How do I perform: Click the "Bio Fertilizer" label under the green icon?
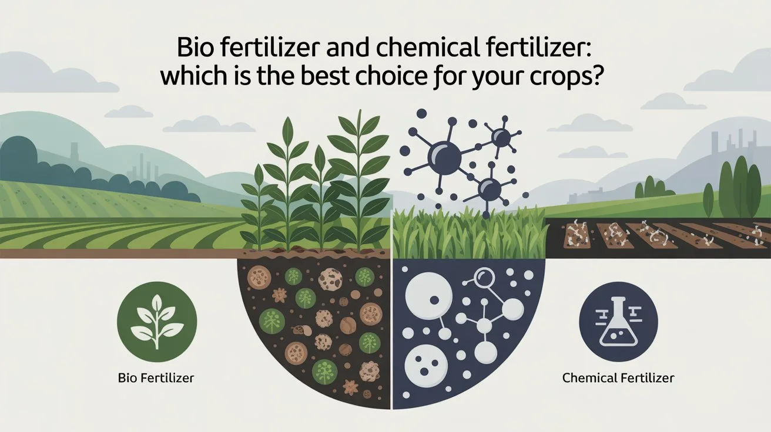(x=156, y=377)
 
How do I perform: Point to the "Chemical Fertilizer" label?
(x=618, y=377)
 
